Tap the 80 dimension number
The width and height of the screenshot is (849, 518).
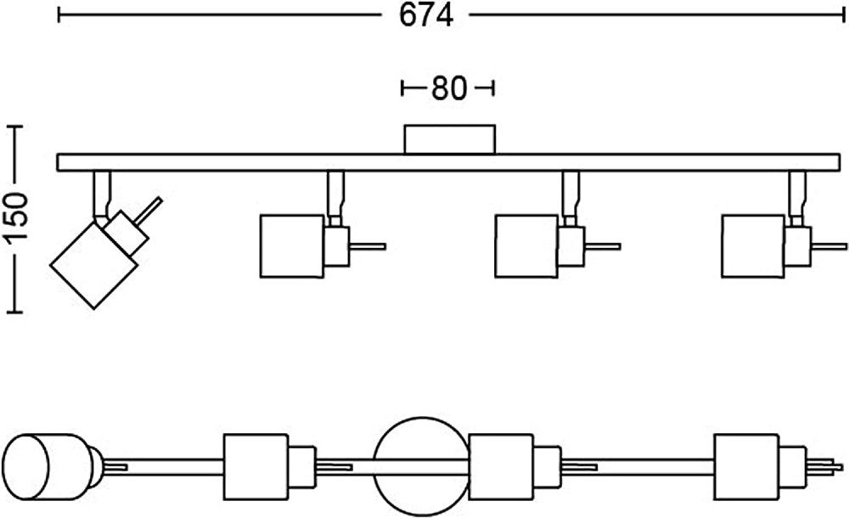448,88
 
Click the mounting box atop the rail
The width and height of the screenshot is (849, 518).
449,139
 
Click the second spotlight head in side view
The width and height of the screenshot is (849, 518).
290,246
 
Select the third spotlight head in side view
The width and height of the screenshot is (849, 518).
526,246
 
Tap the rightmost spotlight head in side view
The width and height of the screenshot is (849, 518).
753,246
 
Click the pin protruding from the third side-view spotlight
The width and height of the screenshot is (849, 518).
602,247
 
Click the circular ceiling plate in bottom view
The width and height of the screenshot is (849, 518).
421,464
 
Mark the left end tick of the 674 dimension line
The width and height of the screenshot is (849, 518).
59,14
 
